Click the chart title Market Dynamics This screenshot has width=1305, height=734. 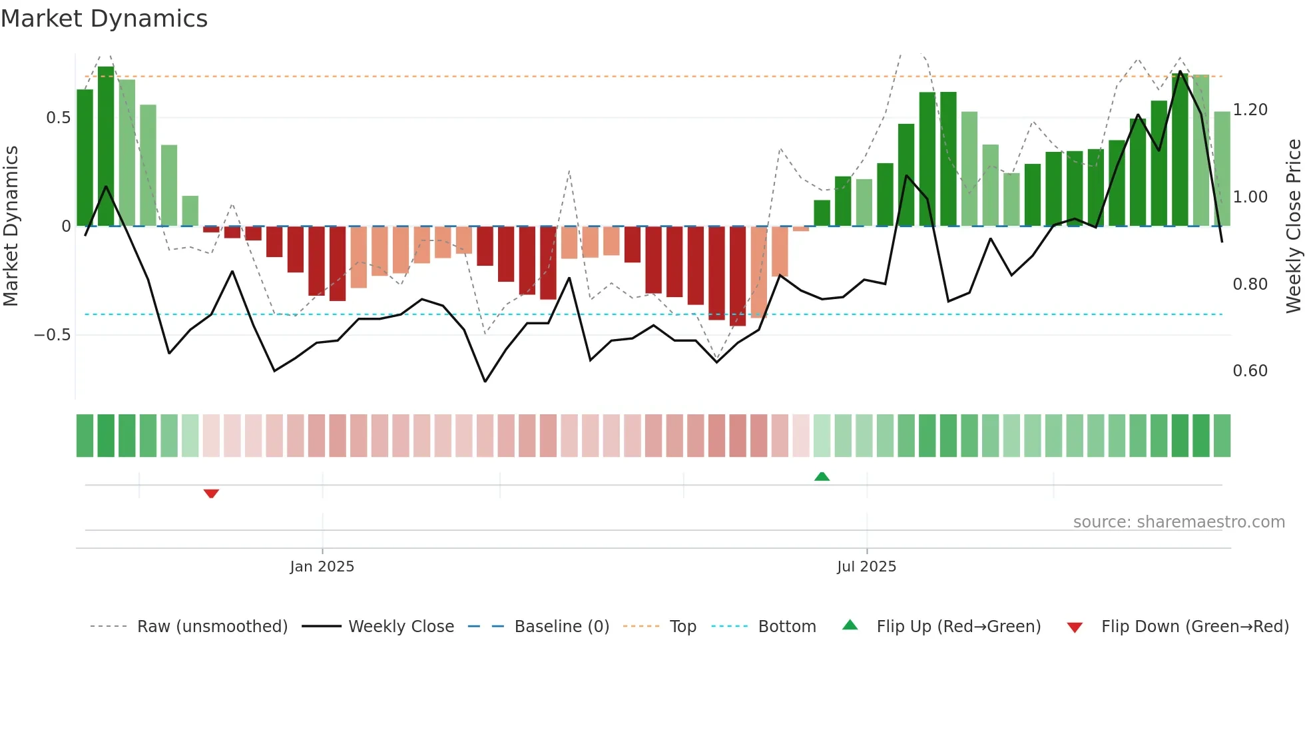[104, 19]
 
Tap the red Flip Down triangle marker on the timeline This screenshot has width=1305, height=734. [211, 494]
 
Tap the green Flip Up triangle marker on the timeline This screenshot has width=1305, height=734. [822, 476]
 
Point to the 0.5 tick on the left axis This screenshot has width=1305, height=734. [58, 118]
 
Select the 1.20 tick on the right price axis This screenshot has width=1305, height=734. [1250, 110]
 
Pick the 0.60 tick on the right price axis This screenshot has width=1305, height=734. [1250, 371]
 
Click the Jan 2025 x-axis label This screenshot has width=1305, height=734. [322, 567]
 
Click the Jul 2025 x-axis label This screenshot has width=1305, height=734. [866, 567]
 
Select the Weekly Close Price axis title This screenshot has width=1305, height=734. [1293, 226]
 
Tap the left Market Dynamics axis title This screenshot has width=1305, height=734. [11, 226]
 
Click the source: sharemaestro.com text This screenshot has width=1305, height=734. [1178, 522]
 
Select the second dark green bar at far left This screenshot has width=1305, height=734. [106, 147]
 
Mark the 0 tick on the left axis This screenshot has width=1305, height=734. [66, 226]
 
